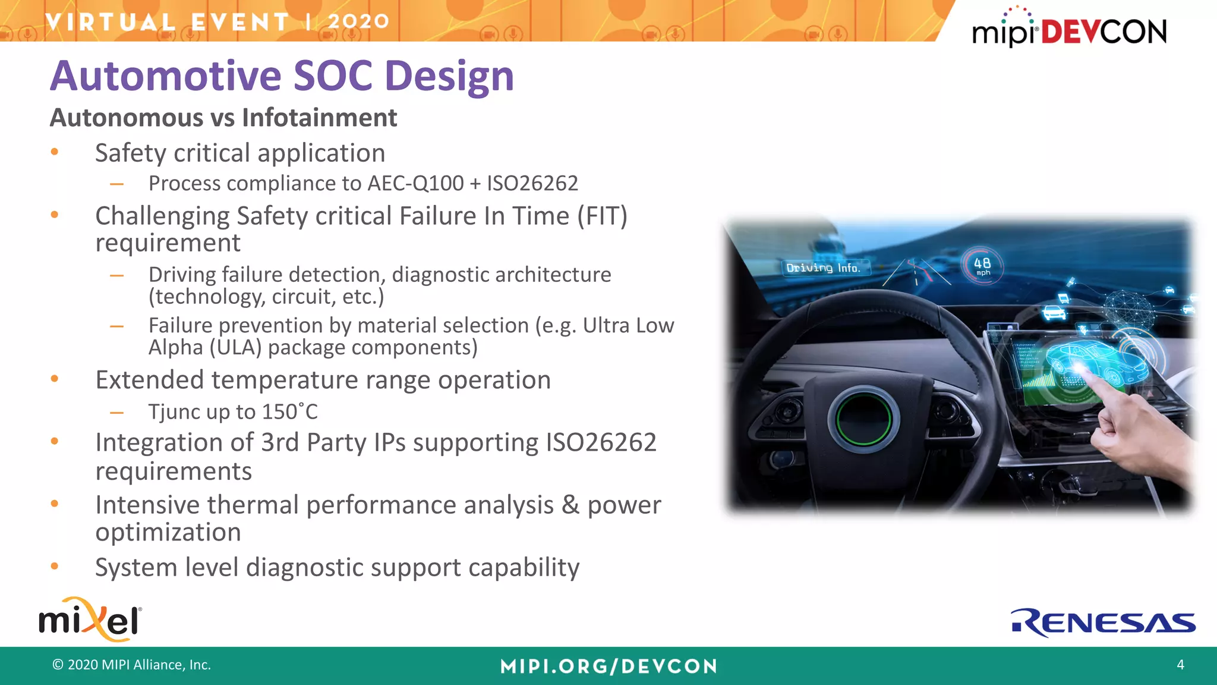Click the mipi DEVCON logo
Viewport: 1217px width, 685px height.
point(1068,30)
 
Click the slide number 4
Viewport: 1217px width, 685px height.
point(1180,665)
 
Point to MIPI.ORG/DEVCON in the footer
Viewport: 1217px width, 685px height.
point(608,666)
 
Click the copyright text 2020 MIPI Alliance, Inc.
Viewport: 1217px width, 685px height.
point(132,665)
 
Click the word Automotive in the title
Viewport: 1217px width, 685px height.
point(166,76)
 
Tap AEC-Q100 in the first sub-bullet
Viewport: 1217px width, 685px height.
point(415,183)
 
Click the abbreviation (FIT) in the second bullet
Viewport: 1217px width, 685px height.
point(602,216)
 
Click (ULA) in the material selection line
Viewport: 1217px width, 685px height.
point(235,347)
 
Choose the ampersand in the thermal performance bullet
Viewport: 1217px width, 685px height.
point(570,505)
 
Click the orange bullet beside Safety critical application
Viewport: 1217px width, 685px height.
point(55,152)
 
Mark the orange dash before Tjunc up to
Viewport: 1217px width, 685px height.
point(116,412)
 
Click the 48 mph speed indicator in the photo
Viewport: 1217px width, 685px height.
point(982,265)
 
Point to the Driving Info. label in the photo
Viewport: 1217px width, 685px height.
point(823,268)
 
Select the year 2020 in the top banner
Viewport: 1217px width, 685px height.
point(358,21)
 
